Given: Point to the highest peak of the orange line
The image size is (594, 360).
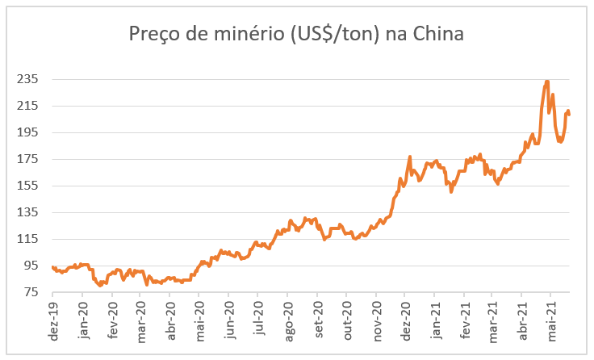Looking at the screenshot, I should pos(547,81).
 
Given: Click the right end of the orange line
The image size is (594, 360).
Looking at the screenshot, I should pos(569,114).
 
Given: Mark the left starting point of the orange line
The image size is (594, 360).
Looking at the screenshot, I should pos(53,267).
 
